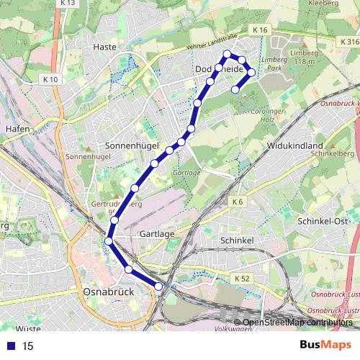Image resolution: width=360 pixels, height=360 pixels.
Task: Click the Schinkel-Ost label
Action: coord(323,221)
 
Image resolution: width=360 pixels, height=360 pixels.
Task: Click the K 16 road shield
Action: coord(260,30)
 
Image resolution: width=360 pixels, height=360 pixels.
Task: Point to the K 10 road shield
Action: coord(50,79)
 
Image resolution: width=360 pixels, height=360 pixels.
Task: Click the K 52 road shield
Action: coord(241,277)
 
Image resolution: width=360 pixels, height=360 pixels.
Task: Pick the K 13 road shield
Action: coord(68,3)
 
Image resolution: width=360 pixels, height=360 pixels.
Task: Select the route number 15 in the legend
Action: coord(28,346)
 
